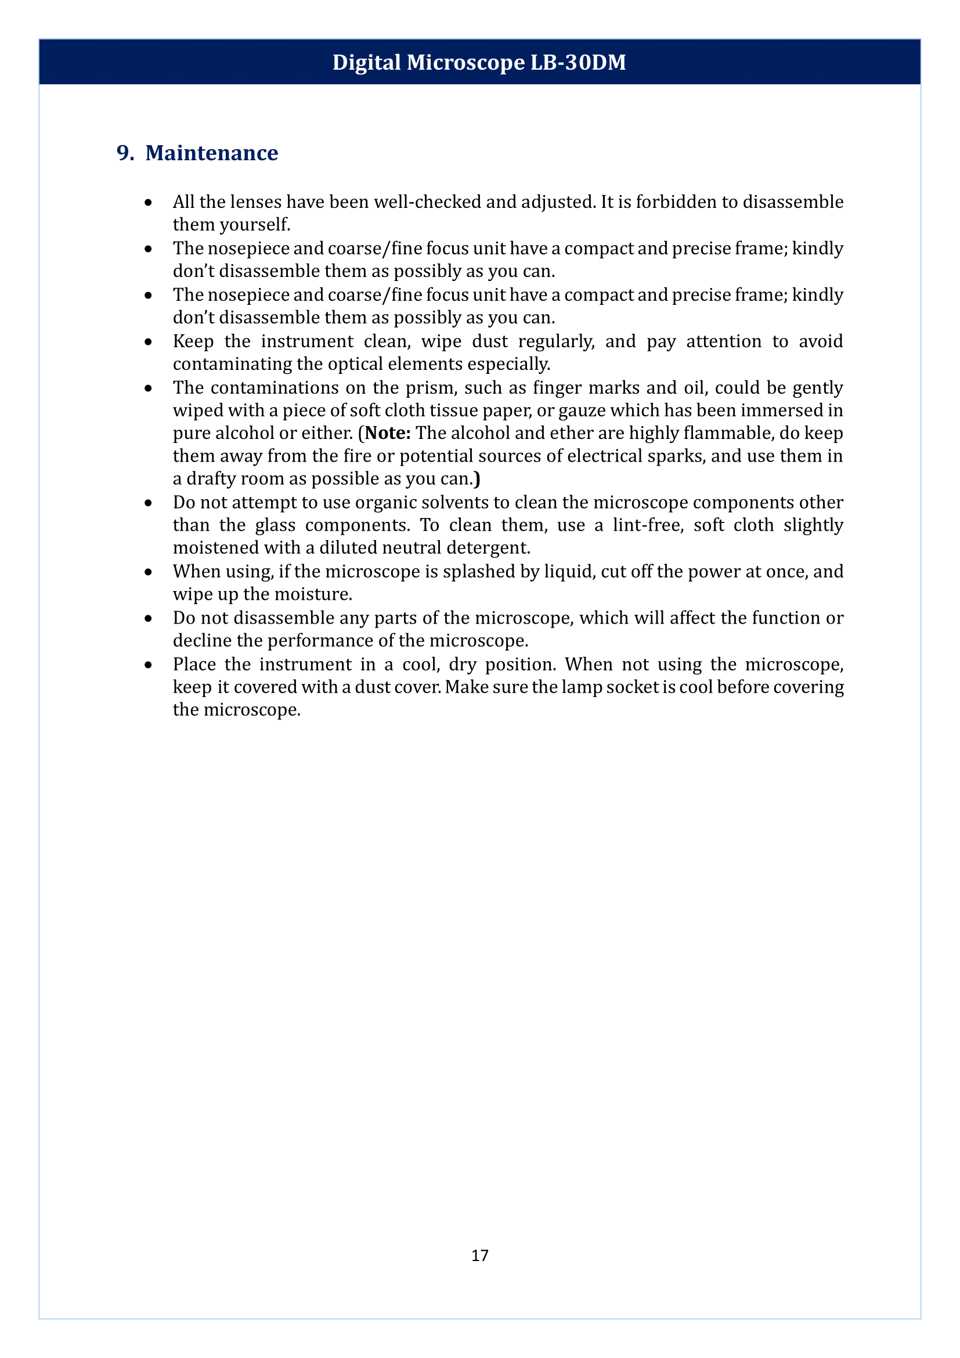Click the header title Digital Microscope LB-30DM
pos(479,62)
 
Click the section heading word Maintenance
pos(212,153)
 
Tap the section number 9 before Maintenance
pos(122,153)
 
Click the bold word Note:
pos(388,433)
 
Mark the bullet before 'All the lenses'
pos(149,203)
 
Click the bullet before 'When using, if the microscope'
pos(149,572)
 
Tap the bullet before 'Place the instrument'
pos(149,665)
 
